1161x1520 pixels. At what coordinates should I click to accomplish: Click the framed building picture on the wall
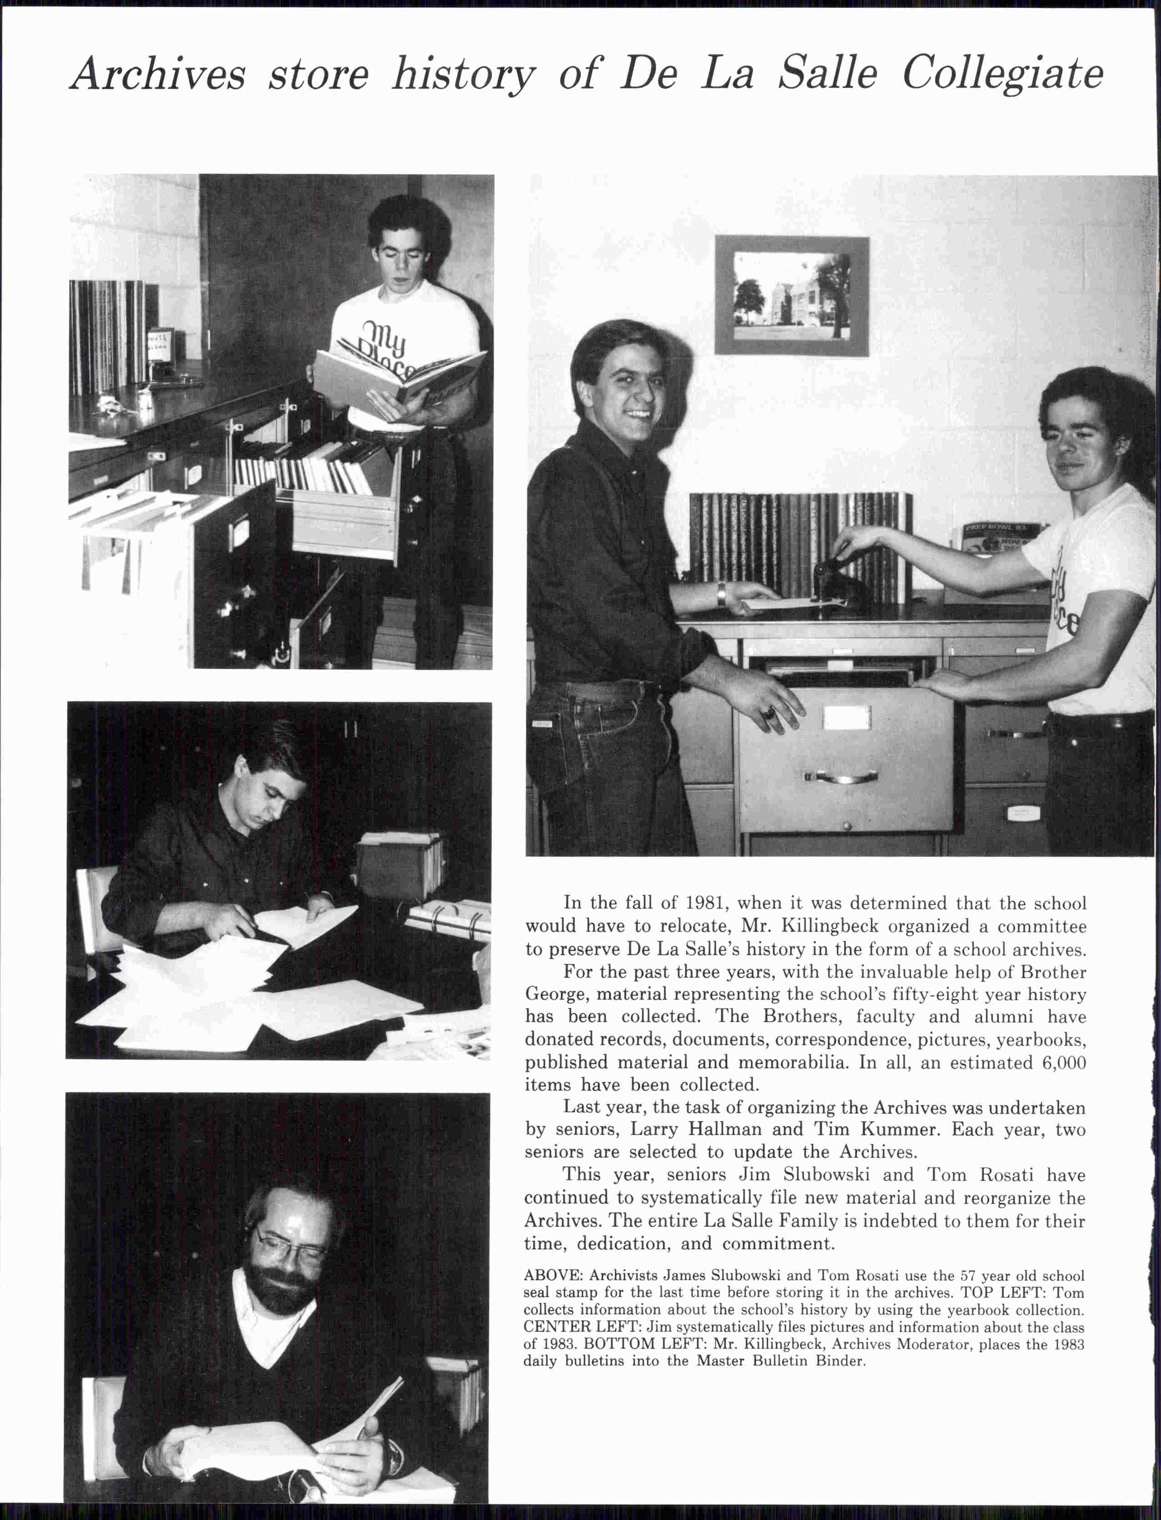tap(791, 295)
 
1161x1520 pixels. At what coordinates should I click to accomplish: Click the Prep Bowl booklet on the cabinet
tap(995, 537)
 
